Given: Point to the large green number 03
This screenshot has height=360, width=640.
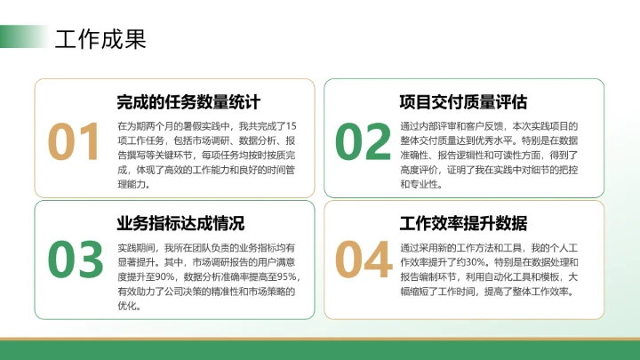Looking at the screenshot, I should pos(76,259).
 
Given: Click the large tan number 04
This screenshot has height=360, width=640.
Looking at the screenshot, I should pos(364,259).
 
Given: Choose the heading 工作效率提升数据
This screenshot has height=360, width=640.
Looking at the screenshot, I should pos(463,222).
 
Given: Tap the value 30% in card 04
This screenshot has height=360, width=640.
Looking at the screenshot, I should pos(476,262).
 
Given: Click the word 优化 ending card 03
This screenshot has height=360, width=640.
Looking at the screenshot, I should pos(127,307).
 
